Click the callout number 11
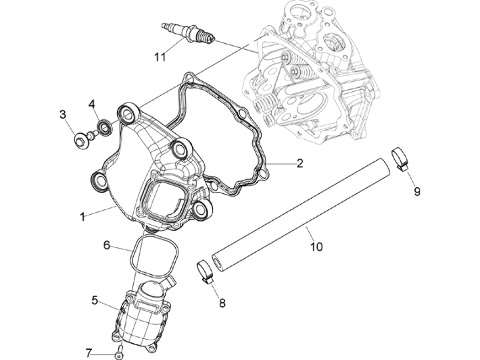click(160, 57)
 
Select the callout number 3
click(63, 114)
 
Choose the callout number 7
click(89, 353)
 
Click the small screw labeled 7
click(119, 351)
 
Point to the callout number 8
click(222, 303)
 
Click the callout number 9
click(416, 191)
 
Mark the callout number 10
click(316, 247)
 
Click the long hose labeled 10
click(304, 210)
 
